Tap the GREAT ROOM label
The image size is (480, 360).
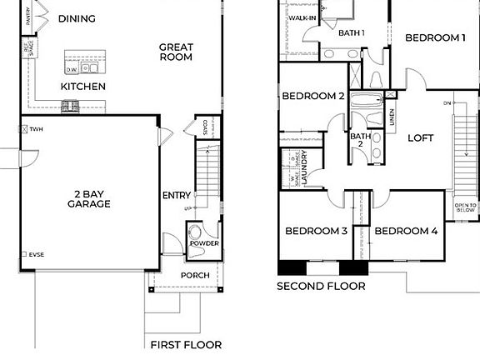click(176, 52)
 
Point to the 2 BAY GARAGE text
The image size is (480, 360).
click(89, 197)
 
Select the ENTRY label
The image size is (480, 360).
click(177, 195)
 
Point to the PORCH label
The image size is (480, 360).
click(194, 275)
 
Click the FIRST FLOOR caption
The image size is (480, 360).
click(186, 344)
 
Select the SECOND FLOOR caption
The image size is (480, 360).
click(321, 286)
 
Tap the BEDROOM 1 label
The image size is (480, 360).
click(434, 37)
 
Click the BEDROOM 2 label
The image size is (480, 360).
click(313, 96)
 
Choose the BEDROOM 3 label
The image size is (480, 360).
click(316, 231)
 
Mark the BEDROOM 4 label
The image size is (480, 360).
click(406, 231)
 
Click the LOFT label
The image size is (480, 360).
click(421, 138)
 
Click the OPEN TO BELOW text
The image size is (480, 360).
click(466, 208)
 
